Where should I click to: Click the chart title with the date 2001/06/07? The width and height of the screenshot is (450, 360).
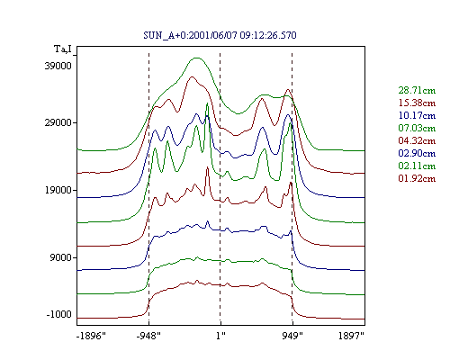[x=220, y=35]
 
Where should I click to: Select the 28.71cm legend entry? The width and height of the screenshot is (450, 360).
[x=417, y=90]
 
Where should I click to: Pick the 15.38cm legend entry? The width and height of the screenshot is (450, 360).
[x=417, y=103]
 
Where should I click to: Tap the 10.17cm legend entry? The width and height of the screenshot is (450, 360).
[x=417, y=115]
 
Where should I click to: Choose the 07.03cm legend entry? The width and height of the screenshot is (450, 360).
[x=417, y=128]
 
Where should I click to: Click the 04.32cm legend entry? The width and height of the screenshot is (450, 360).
[x=417, y=140]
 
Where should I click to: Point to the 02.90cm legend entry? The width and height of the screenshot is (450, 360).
[x=417, y=153]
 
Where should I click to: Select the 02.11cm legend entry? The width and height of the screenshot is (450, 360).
[x=417, y=166]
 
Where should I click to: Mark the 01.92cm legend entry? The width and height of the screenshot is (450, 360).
[x=417, y=178]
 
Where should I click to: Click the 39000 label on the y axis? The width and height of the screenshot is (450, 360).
[x=58, y=66]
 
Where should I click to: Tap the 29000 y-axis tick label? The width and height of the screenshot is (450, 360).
[x=58, y=122]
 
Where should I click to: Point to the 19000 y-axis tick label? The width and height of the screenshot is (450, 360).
[x=58, y=190]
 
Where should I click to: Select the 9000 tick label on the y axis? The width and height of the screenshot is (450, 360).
[x=61, y=257]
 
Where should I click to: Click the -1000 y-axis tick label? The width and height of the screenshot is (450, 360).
[x=59, y=314]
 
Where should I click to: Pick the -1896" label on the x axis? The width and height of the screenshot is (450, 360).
[x=91, y=336]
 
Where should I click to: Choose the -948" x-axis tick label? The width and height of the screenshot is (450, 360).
[x=148, y=336]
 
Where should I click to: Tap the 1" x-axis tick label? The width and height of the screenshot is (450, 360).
[x=220, y=336]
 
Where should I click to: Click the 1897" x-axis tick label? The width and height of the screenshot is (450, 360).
[x=351, y=336]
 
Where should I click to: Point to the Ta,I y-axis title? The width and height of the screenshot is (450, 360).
[x=63, y=49]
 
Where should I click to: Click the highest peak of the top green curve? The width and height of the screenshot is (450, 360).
[x=196, y=58]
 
